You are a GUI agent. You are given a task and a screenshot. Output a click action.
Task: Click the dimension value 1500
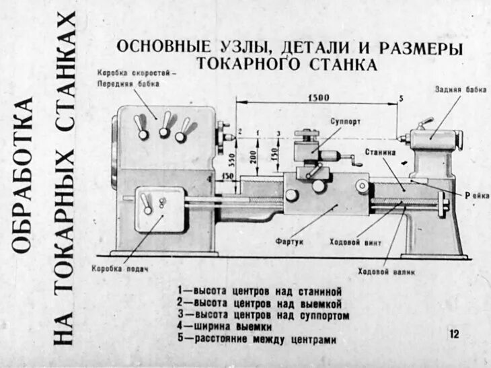click(x=318, y=98)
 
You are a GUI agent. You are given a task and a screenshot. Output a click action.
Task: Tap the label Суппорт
click(x=345, y=122)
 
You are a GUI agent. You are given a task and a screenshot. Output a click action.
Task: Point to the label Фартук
click(x=290, y=240)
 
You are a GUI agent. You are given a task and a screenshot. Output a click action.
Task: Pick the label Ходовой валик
click(x=386, y=272)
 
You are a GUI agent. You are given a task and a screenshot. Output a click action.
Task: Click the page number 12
click(x=454, y=333)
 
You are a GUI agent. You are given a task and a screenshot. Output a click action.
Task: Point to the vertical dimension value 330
click(x=231, y=160)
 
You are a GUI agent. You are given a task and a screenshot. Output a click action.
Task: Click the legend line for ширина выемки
click(x=225, y=327)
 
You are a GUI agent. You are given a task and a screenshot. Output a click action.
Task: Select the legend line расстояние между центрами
click(x=257, y=339)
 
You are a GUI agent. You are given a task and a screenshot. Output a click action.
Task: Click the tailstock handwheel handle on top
click(x=424, y=123)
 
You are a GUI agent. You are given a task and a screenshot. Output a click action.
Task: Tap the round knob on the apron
click(x=291, y=195)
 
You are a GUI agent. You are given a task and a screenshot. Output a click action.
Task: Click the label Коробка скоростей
click(x=137, y=72)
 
